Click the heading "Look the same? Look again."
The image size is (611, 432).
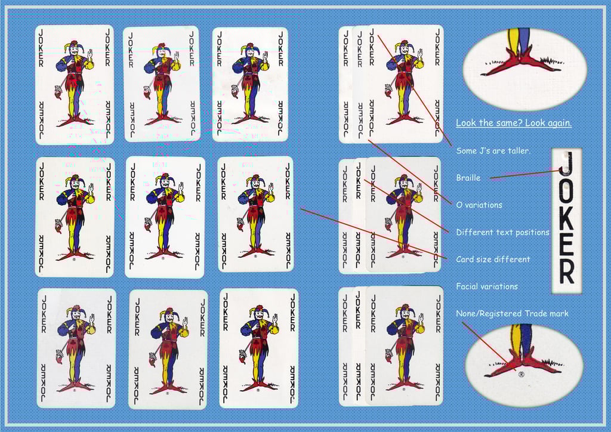(514, 123)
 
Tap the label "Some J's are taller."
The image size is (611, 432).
(493, 151)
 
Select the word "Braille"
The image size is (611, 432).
(468, 178)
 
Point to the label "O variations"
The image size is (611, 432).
(479, 205)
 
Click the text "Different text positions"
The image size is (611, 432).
(502, 232)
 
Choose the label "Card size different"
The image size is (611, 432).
(493, 260)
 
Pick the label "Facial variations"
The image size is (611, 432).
(487, 286)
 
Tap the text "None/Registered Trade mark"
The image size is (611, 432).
(512, 314)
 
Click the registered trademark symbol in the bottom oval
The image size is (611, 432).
(521, 374)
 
